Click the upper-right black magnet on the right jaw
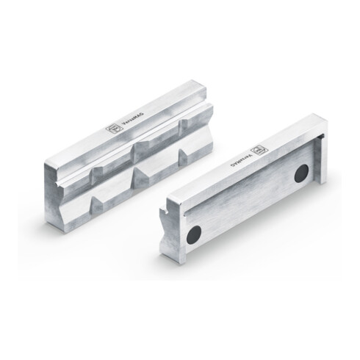pos(300,174)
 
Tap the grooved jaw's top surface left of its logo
pos(84,147)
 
